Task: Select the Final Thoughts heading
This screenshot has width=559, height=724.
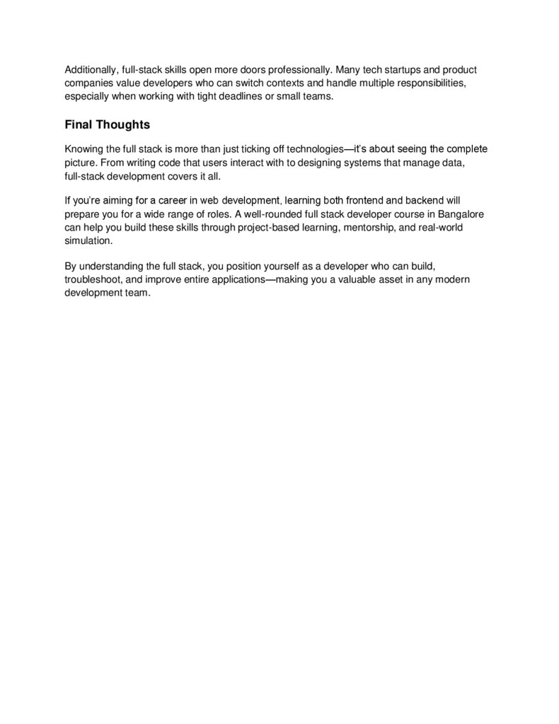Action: pyautogui.click(x=107, y=124)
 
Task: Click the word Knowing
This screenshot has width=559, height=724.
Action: pyautogui.click(x=83, y=149)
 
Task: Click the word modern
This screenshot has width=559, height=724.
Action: pyautogui.click(x=453, y=279)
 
